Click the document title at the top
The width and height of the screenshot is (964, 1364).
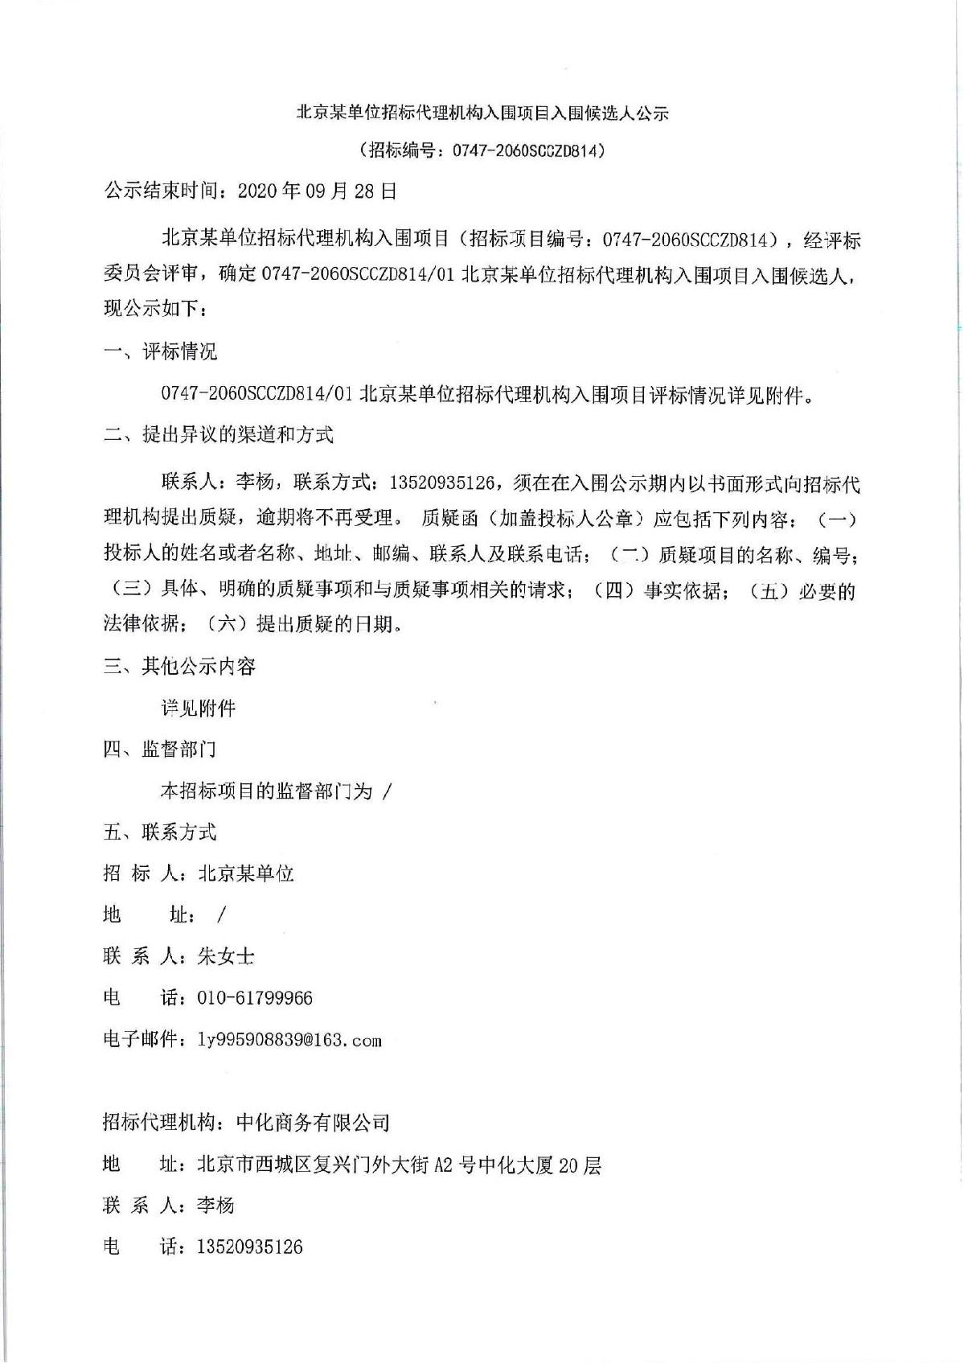(482, 113)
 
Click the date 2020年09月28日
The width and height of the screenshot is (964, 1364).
(318, 191)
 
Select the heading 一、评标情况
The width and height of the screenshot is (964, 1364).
(160, 351)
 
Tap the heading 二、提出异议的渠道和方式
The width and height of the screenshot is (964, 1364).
(218, 435)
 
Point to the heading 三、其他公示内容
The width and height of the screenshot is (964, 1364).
(179, 666)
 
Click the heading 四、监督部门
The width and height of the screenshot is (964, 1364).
(160, 750)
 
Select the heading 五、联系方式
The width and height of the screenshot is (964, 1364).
(160, 832)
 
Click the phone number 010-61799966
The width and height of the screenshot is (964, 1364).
(255, 998)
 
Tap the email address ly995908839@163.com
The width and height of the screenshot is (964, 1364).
(289, 1040)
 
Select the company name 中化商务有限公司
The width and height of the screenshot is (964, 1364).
(313, 1122)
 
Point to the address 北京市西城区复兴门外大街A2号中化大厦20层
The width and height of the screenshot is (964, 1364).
(399, 1164)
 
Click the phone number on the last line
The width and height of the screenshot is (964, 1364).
(250, 1247)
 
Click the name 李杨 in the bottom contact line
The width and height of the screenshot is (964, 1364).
(215, 1205)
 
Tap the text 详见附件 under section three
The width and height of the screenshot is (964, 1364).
(199, 708)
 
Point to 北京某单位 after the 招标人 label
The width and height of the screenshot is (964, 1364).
(246, 873)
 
